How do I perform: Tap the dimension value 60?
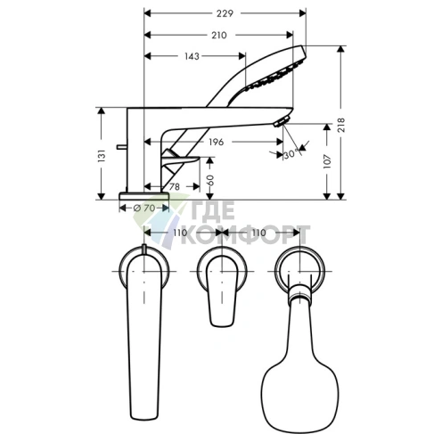pyautogui.click(x=210, y=179)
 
